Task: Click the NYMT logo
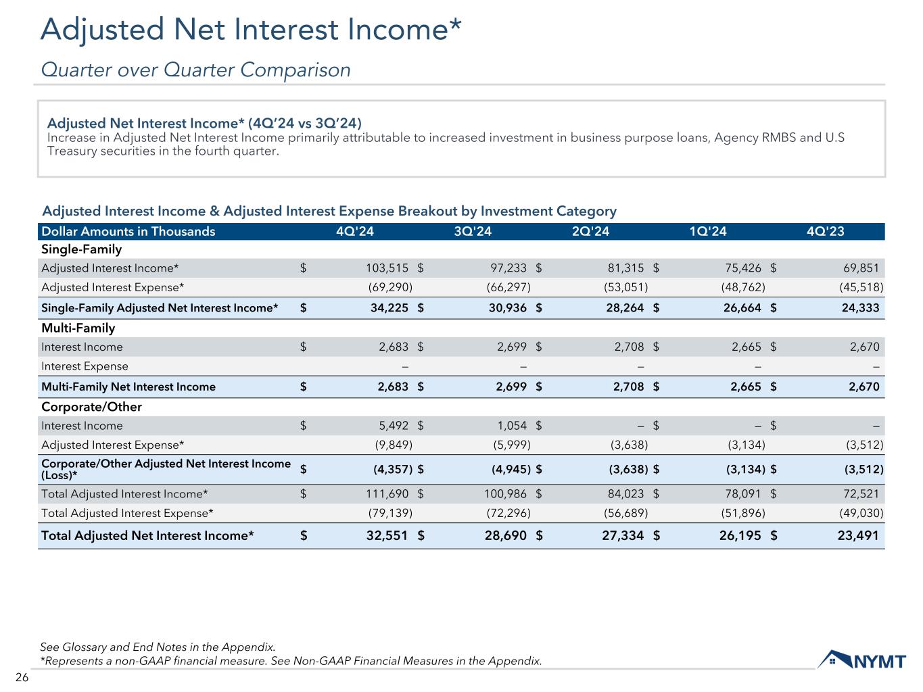(861, 660)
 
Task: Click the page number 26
(22, 678)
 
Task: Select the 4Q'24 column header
(354, 232)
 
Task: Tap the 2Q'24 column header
(590, 232)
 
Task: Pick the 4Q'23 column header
(825, 232)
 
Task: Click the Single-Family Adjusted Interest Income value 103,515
(383, 268)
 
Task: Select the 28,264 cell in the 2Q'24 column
(622, 308)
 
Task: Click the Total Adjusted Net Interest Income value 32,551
(382, 536)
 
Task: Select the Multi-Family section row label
(78, 328)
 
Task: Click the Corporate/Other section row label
(91, 407)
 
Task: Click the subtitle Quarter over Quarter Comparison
(196, 70)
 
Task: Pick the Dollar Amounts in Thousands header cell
(128, 232)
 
